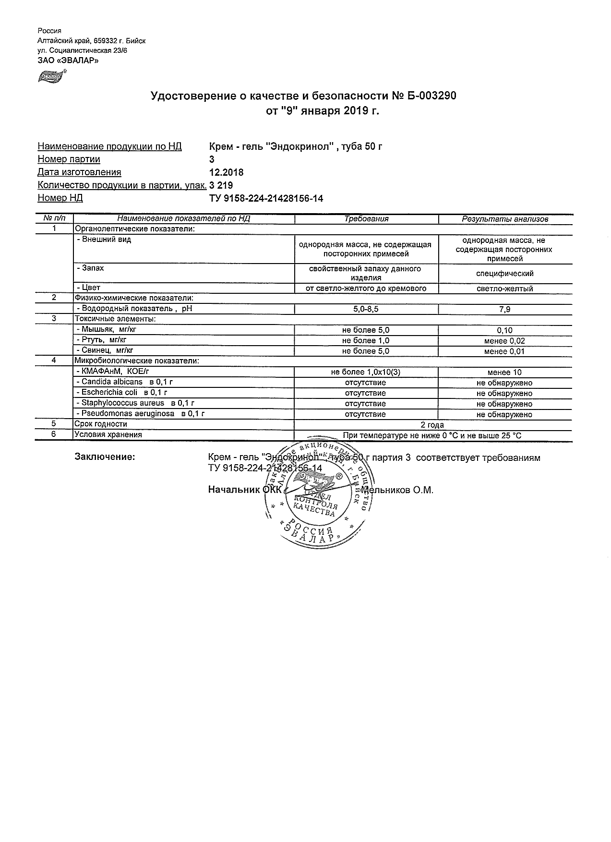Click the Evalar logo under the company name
tap(50, 76)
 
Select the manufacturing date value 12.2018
tap(227, 172)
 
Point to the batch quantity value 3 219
tap(221, 185)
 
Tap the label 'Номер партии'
tap(69, 159)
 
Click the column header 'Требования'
tap(366, 219)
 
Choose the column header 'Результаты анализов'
tap(505, 219)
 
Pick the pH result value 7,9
tap(505, 310)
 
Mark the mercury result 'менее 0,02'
tap(505, 341)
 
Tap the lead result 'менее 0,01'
tap(505, 351)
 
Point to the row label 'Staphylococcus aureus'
tap(122, 403)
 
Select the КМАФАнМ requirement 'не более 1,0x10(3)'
tap(366, 372)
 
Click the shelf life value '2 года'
tap(432, 425)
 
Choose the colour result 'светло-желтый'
tap(505, 289)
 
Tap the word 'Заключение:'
tap(105, 457)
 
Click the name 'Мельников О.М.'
tap(397, 490)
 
